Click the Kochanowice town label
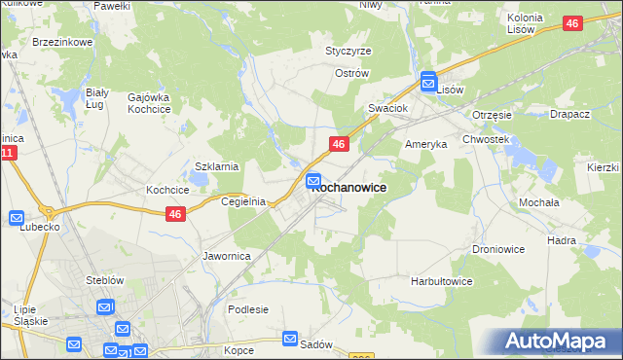[x=349, y=188]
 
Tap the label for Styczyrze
[x=348, y=51]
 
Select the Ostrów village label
[x=352, y=73]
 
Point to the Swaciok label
[x=386, y=108]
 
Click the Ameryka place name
[x=425, y=143]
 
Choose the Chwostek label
[x=487, y=139]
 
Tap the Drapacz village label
[x=569, y=114]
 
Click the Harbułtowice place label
[x=441, y=281]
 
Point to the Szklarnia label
[x=217, y=166]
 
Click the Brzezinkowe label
[x=61, y=43]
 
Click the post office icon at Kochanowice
[x=314, y=180]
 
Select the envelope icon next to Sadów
[x=291, y=339]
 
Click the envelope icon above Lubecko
[x=17, y=218]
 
